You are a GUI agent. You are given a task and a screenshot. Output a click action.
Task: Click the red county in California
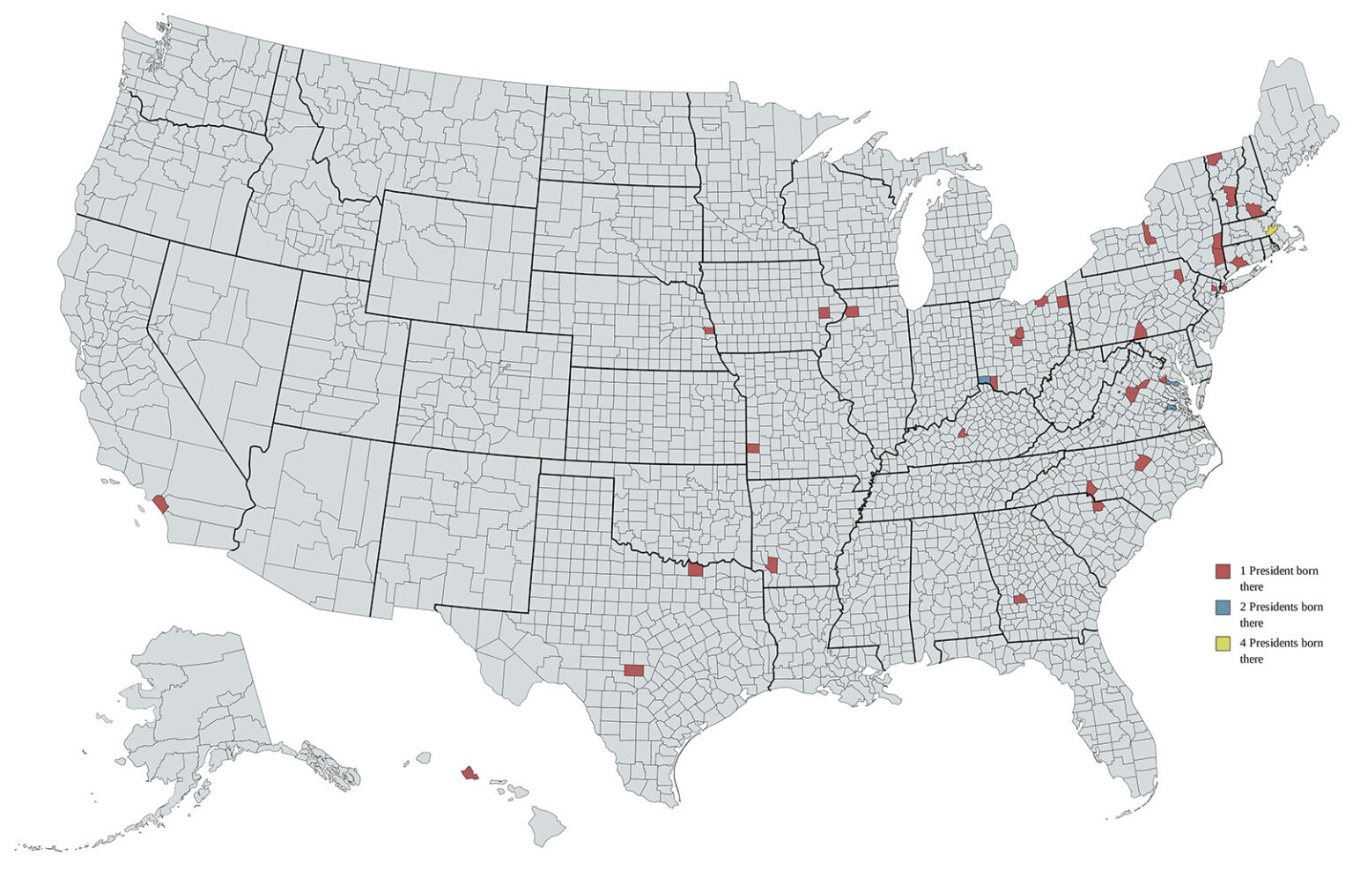[160, 505]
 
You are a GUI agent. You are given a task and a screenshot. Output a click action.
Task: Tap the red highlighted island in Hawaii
[469, 773]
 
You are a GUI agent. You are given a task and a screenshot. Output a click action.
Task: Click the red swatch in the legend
[1223, 571]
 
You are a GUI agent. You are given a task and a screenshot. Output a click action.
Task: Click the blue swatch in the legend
[1223, 608]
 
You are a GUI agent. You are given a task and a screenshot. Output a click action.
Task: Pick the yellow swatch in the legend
[1223, 644]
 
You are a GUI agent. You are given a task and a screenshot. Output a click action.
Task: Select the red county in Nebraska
[708, 331]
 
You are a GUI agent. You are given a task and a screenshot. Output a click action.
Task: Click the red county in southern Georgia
[1020, 599]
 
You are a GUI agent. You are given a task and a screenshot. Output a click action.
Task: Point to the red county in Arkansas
[773, 564]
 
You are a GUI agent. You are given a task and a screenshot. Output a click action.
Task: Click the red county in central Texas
[633, 670]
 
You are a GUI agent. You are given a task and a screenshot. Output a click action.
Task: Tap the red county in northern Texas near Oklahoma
[695, 570]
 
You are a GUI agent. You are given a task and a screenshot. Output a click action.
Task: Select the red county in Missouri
[753, 447]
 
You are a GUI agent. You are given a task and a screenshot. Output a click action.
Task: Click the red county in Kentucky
[964, 433]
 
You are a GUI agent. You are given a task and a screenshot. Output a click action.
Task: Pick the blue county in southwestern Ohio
[983, 380]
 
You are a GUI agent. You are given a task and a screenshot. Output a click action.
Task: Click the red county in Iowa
[824, 313]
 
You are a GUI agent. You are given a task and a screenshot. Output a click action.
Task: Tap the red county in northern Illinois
[852, 311]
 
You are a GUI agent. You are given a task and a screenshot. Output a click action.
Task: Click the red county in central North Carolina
[1142, 463]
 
